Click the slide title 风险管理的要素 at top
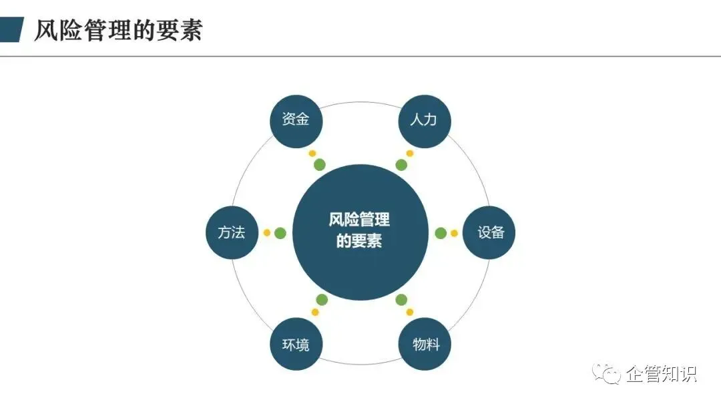click(x=118, y=30)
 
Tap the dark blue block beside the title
click(x=11, y=29)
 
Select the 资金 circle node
click(x=296, y=122)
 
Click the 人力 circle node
click(x=424, y=122)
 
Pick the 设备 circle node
click(x=489, y=232)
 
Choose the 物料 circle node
click(x=425, y=343)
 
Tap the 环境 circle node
click(x=296, y=343)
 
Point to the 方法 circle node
click(x=232, y=232)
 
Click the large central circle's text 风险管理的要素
click(x=360, y=230)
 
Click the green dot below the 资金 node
click(x=320, y=165)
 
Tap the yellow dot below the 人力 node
click(x=410, y=153)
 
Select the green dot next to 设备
click(x=441, y=233)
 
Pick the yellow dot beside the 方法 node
click(x=266, y=232)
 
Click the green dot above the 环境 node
click(x=322, y=300)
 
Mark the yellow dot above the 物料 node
click(x=410, y=313)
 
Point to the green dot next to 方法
click(x=280, y=233)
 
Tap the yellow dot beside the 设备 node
click(x=455, y=233)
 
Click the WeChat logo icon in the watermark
click(x=606, y=373)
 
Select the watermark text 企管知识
click(x=661, y=374)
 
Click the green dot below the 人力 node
click(x=401, y=165)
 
